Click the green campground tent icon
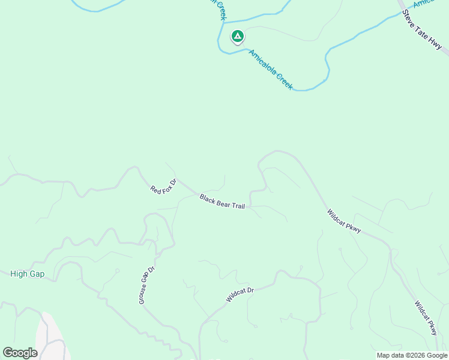tap(238, 37)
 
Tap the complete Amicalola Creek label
tap(270, 70)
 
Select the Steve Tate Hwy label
tap(422, 29)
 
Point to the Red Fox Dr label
tap(163, 186)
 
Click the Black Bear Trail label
tap(222, 202)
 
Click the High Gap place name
tap(27, 274)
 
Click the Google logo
tap(20, 353)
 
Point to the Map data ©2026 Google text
tap(412, 355)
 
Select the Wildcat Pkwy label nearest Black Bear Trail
tap(344, 221)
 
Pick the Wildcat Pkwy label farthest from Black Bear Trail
tap(426, 317)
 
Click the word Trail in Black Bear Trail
tap(237, 206)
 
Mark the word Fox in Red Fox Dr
tap(163, 186)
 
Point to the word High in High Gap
tap(19, 274)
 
